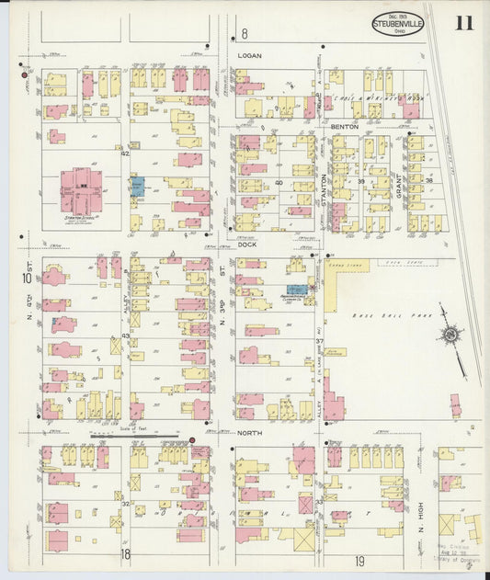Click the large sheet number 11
(x=463, y=22)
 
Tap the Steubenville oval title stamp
(x=397, y=23)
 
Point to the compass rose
(x=450, y=335)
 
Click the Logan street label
(x=249, y=56)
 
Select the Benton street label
(x=344, y=125)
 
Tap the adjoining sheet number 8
(x=244, y=34)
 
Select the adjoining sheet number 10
(x=28, y=277)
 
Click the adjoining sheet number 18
(x=124, y=553)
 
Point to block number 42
(x=125, y=154)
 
